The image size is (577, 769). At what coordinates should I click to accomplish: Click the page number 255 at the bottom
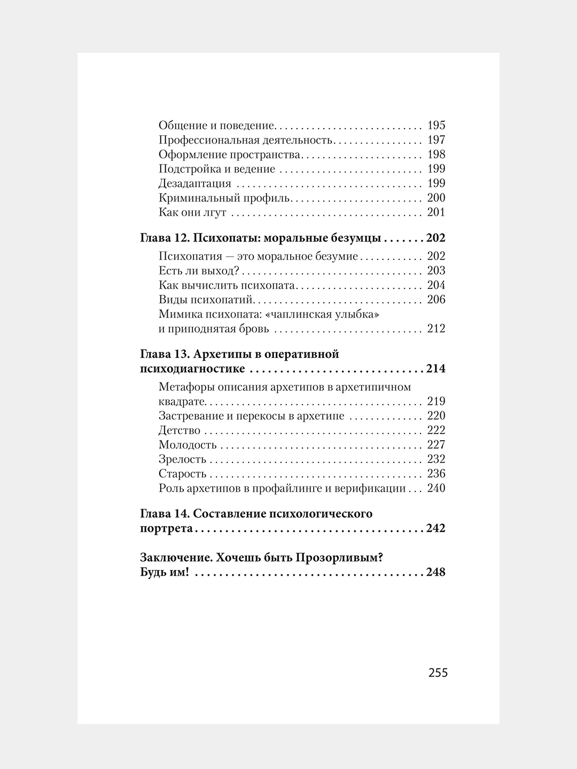[x=438, y=672]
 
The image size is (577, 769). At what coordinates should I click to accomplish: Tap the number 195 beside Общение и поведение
[x=436, y=126]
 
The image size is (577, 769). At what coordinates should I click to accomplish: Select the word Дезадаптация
[x=194, y=184]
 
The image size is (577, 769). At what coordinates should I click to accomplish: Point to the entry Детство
[x=179, y=430]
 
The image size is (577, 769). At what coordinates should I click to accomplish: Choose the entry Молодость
[x=187, y=445]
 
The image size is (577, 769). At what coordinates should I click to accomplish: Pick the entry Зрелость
[x=182, y=459]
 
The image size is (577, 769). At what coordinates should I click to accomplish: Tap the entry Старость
[x=182, y=474]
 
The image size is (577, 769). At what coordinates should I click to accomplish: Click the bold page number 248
[x=435, y=572]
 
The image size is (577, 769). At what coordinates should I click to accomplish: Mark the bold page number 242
[x=435, y=529]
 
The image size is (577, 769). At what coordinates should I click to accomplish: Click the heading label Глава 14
[x=163, y=514]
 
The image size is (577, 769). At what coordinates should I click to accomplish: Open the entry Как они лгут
[x=192, y=213]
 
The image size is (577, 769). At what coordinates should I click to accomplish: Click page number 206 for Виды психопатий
[x=436, y=300]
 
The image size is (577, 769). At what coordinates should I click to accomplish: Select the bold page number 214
[x=435, y=369]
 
